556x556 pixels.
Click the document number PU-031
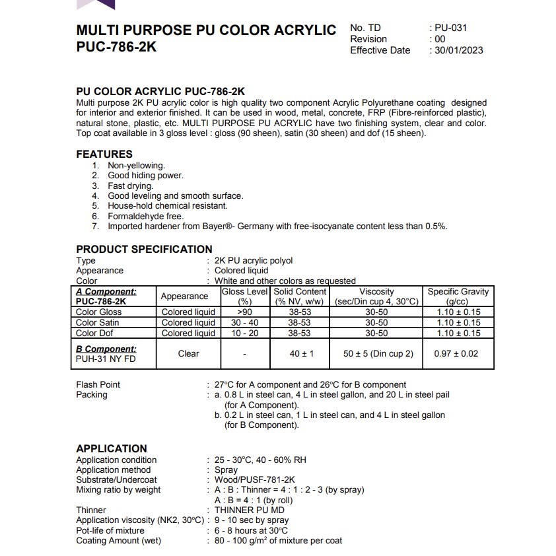point(452,28)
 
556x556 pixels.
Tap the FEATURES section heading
point(104,154)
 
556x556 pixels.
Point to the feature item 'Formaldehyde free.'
point(145,216)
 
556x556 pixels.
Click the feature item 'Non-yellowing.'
point(136,166)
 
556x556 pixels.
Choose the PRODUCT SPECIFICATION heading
point(144,249)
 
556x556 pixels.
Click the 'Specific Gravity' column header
point(458,291)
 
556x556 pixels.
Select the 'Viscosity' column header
point(376,291)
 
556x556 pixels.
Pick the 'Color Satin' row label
point(98,322)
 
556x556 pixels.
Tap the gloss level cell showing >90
point(244,312)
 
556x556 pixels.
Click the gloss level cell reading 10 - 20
point(244,333)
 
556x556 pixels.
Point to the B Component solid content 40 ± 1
point(301,353)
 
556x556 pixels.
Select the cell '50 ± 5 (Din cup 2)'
point(378,353)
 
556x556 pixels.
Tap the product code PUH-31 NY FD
point(106,359)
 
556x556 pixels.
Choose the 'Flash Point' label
point(98,384)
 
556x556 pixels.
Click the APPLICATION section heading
point(112,448)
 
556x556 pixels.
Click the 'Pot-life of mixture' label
point(110,530)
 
